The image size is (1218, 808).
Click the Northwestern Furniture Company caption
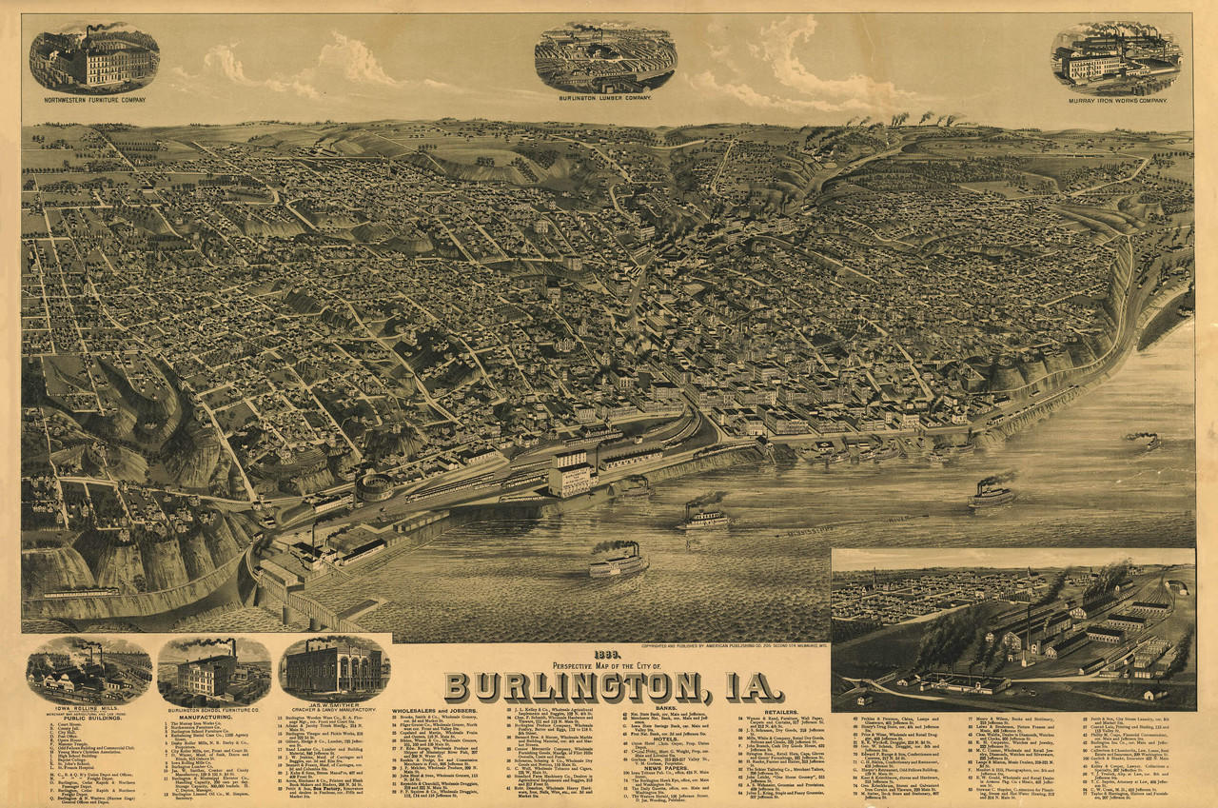click(x=93, y=98)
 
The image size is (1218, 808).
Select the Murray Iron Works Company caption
click(x=1115, y=99)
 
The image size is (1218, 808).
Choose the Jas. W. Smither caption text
click(x=334, y=707)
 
